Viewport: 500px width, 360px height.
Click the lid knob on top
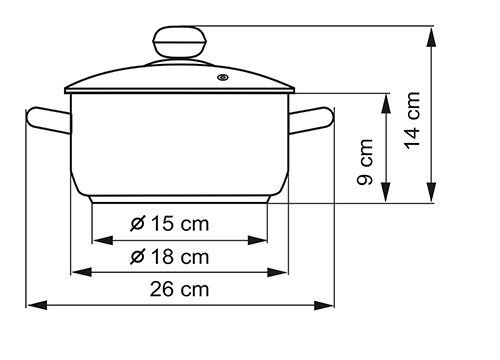(180, 42)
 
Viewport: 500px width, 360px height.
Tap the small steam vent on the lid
(223, 78)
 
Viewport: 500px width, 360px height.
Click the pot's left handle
(49, 120)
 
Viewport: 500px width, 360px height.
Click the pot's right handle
(311, 120)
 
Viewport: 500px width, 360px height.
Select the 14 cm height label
(412, 120)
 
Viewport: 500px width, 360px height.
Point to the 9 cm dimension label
(364, 162)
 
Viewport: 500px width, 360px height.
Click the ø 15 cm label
(170, 224)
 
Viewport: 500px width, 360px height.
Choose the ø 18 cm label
(170, 257)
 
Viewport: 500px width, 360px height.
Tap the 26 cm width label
(179, 289)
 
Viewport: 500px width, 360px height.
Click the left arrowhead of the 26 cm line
(37, 305)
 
